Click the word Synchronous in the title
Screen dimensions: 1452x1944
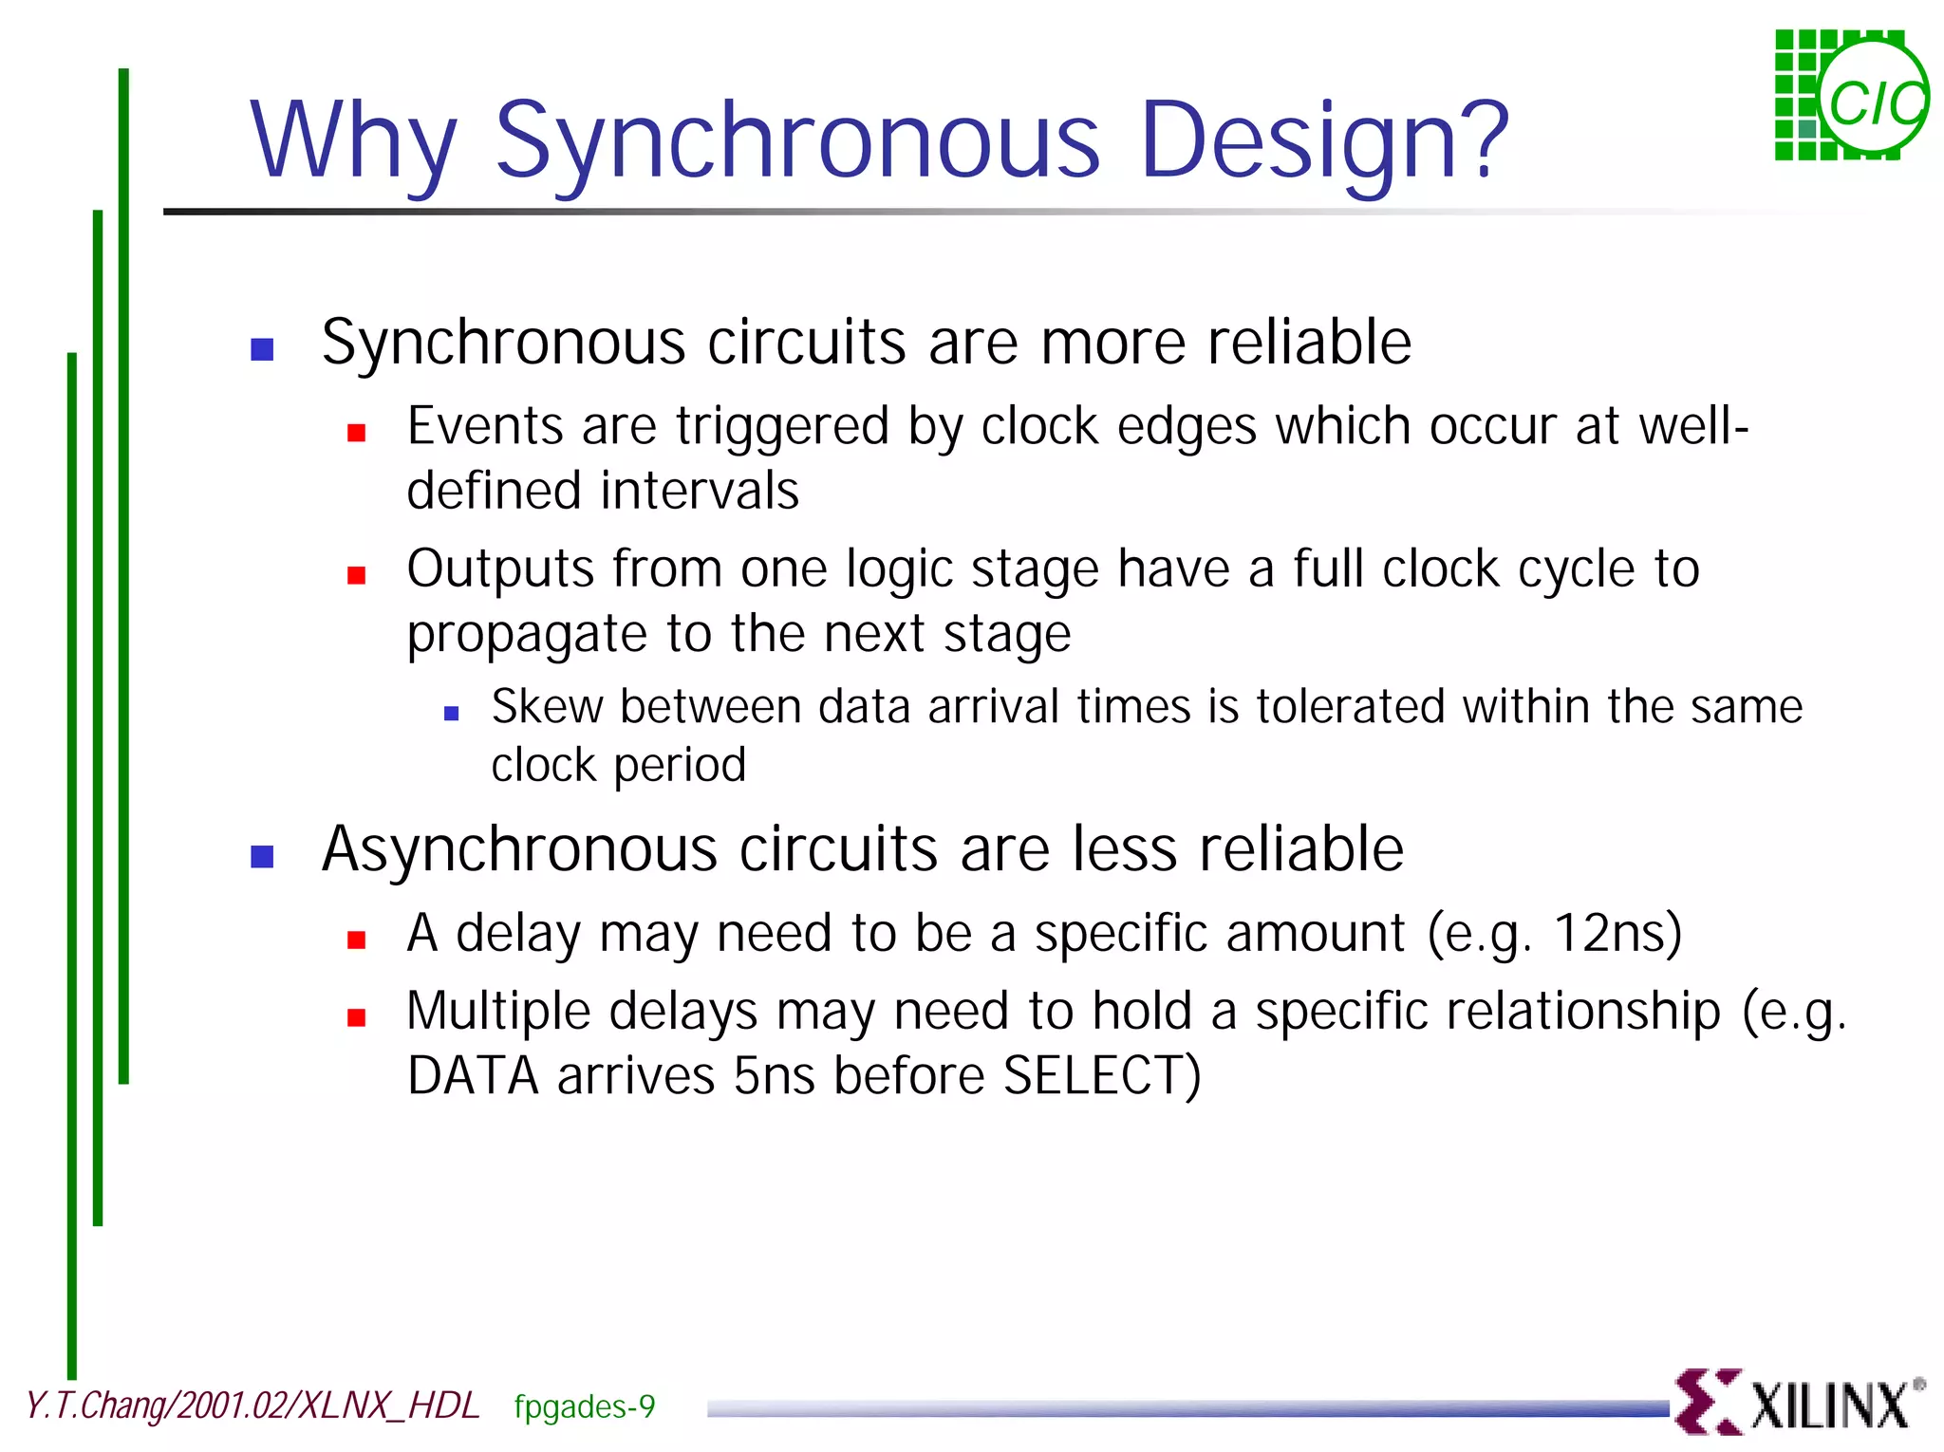pyautogui.click(x=797, y=142)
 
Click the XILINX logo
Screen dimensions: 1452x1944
pyautogui.click(x=1799, y=1403)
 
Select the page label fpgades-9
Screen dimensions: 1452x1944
pyautogui.click(x=584, y=1406)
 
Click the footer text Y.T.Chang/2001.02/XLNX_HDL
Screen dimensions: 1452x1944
pyautogui.click(x=252, y=1405)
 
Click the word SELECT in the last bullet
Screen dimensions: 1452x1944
pyautogui.click(x=1101, y=1076)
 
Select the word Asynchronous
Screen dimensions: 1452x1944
pyautogui.click(x=519, y=848)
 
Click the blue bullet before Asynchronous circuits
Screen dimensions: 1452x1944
pyautogui.click(x=262, y=857)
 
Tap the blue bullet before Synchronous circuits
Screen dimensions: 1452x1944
pyautogui.click(x=262, y=349)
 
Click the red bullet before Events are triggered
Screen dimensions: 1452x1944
pyautogui.click(x=357, y=434)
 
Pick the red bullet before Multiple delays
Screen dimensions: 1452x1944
pyautogui.click(x=357, y=1018)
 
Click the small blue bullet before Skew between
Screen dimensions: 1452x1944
pyautogui.click(x=452, y=714)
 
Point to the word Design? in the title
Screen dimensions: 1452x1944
pyautogui.click(x=1323, y=142)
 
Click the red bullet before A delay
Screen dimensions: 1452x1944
pyautogui.click(x=357, y=940)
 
